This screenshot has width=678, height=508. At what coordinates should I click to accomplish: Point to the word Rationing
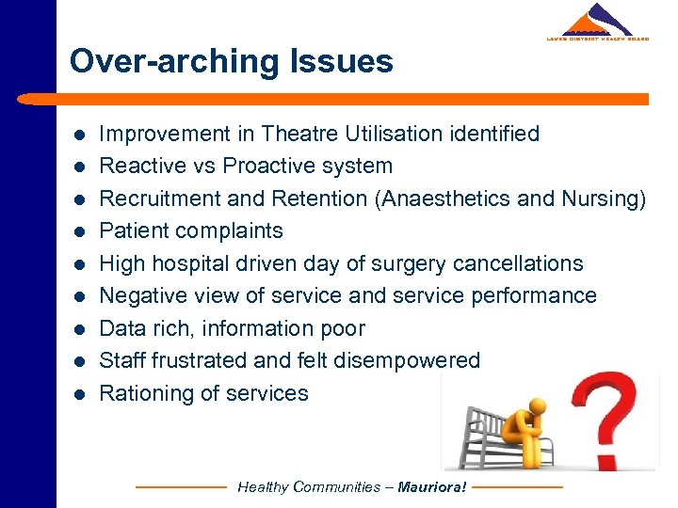141,393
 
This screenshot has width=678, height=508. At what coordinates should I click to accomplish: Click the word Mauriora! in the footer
432,487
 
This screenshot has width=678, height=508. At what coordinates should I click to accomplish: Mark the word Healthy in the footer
263,487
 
